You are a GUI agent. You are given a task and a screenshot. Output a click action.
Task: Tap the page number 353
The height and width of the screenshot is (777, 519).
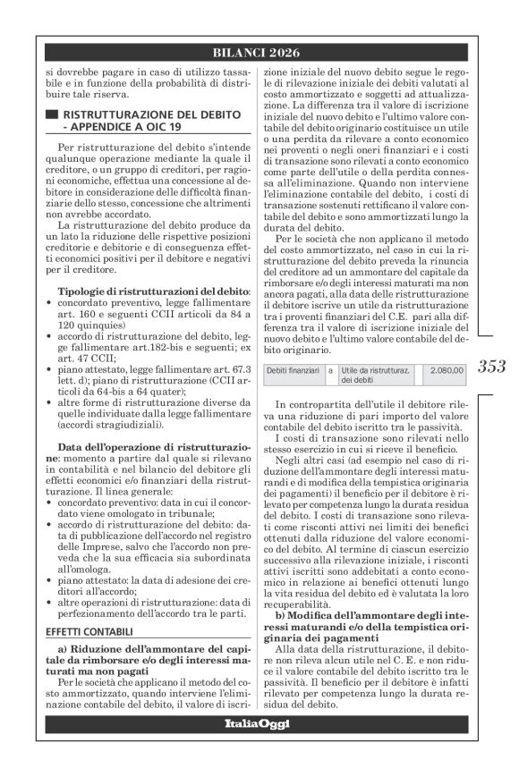coord(492,366)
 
